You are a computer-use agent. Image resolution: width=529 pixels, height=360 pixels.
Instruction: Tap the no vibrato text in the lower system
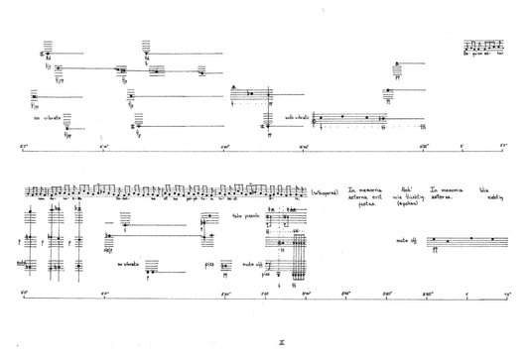tap(129, 264)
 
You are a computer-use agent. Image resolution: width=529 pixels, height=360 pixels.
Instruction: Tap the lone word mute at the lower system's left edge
tap(21, 262)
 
